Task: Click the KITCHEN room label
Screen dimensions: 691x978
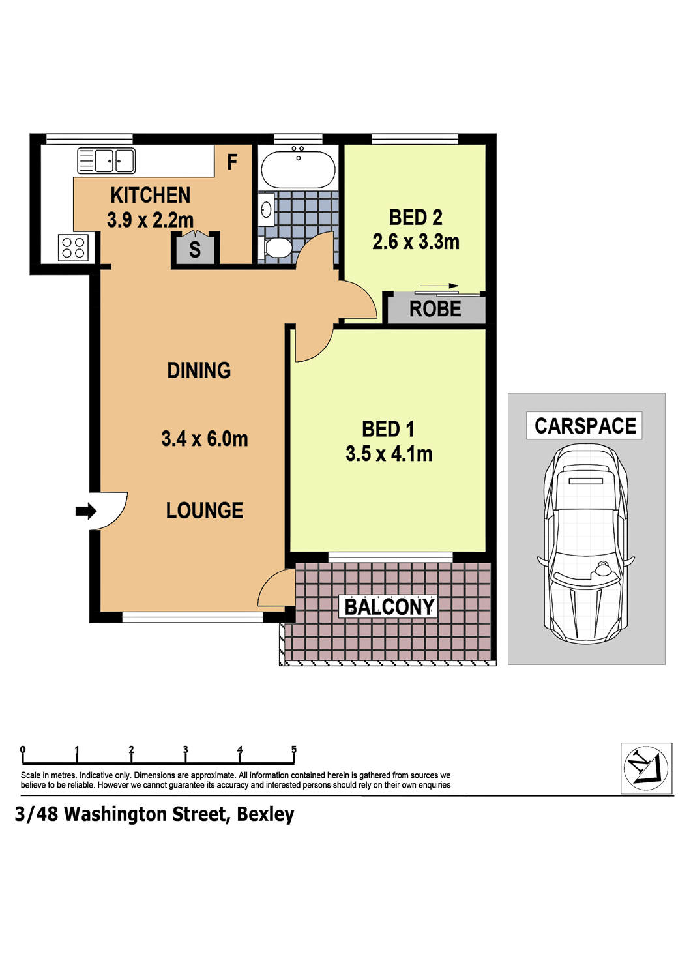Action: (x=150, y=195)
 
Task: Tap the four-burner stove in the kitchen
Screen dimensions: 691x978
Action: (x=73, y=248)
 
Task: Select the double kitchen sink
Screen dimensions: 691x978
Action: (x=106, y=160)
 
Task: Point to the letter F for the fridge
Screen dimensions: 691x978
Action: (x=232, y=162)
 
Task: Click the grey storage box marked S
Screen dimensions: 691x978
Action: (x=195, y=249)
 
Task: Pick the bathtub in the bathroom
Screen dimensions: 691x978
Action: (x=298, y=168)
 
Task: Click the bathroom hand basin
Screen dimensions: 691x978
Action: (x=266, y=210)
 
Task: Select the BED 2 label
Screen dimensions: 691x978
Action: (x=415, y=217)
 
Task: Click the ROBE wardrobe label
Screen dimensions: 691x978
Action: (x=435, y=309)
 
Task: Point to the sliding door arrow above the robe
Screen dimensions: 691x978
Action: (x=439, y=286)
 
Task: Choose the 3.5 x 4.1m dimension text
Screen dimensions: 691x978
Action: (x=389, y=454)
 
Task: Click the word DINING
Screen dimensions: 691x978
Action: (x=199, y=370)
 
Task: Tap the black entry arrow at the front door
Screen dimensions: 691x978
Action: (x=86, y=511)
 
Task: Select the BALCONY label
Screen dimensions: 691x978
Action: (x=390, y=607)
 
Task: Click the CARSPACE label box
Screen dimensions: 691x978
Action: (x=584, y=425)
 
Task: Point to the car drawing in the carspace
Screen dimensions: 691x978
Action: (x=585, y=543)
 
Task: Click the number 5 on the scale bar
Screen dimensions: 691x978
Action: (x=294, y=749)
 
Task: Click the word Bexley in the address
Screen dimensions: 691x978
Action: (x=265, y=815)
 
